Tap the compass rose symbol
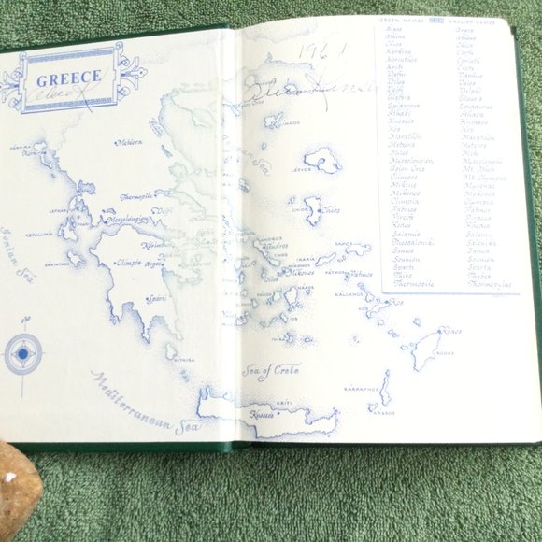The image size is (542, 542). (22, 354)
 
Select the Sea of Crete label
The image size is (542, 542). (270, 369)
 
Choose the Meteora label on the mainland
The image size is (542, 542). (128, 143)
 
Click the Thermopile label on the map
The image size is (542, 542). (137, 197)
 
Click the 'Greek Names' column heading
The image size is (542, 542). (403, 19)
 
